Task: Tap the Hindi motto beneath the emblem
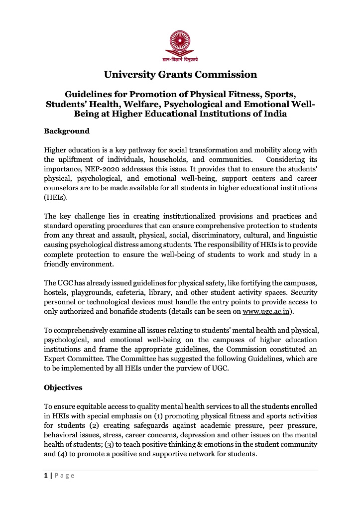(180, 60)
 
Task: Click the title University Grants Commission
(180, 75)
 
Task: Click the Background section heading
(67, 131)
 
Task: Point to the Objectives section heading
(63, 387)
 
